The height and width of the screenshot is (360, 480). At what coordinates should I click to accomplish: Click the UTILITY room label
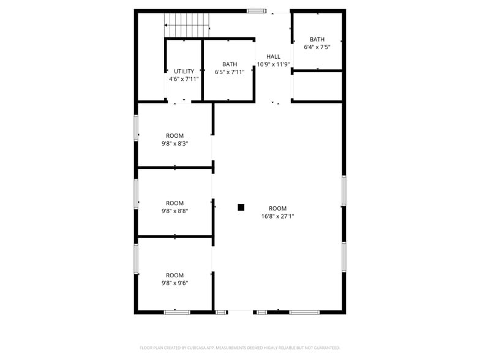[184, 72]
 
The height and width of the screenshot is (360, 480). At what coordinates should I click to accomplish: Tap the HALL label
[273, 56]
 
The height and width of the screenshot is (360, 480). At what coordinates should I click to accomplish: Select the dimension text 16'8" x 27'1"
[277, 216]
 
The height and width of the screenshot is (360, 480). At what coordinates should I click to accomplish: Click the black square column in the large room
[241, 207]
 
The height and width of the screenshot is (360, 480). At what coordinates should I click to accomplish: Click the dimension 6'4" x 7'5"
[317, 47]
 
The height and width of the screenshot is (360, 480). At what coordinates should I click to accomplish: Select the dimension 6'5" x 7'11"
[230, 72]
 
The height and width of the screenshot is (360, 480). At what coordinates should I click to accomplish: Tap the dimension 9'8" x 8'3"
[174, 144]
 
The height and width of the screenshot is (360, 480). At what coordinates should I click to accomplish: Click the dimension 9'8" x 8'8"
[174, 211]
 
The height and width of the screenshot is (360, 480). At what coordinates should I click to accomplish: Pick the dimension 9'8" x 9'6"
[174, 283]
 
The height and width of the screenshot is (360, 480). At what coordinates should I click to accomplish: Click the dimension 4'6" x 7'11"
[184, 79]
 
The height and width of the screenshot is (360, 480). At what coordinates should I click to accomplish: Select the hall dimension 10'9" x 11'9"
[273, 64]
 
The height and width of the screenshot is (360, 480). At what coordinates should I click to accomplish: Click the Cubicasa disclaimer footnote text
[239, 348]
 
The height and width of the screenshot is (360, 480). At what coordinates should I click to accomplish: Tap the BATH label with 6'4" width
[317, 39]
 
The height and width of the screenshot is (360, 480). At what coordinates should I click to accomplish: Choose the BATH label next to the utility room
[230, 64]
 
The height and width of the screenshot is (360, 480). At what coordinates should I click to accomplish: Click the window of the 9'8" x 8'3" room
[136, 128]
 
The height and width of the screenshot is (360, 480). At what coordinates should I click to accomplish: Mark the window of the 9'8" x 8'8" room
[136, 194]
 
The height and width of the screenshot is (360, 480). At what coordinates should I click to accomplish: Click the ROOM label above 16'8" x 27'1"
[277, 208]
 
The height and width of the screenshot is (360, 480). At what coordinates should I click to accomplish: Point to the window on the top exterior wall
[257, 10]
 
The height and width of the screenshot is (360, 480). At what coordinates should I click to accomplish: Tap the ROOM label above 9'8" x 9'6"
[174, 276]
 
